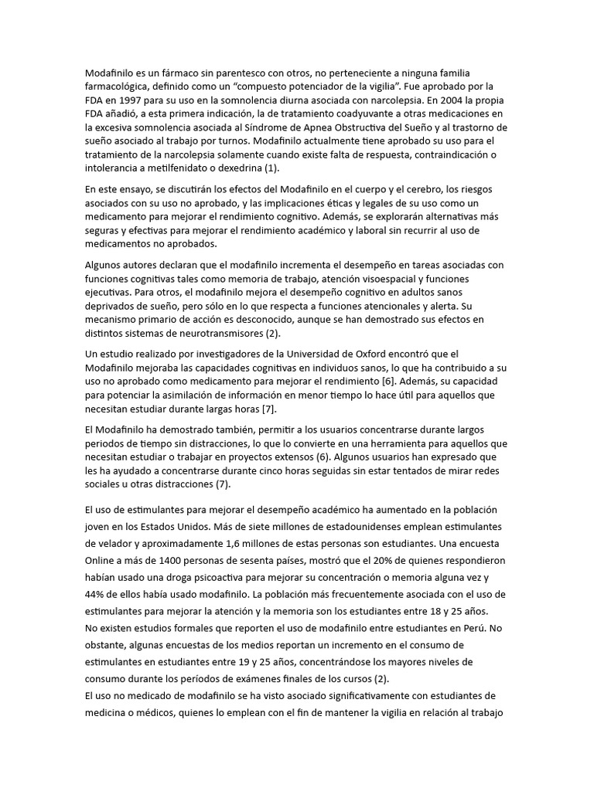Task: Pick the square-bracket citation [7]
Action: tap(268, 409)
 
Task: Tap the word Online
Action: tap(101, 561)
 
